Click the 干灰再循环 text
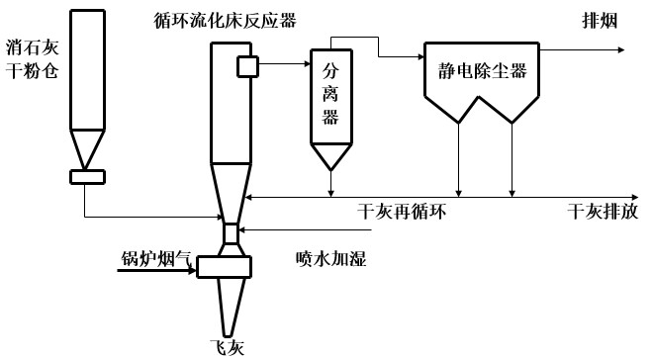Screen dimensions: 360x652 tap(409, 212)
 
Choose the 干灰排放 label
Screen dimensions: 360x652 tap(602, 212)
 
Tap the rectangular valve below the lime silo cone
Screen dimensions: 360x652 tap(88, 176)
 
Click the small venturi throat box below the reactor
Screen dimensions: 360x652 tap(230, 233)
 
